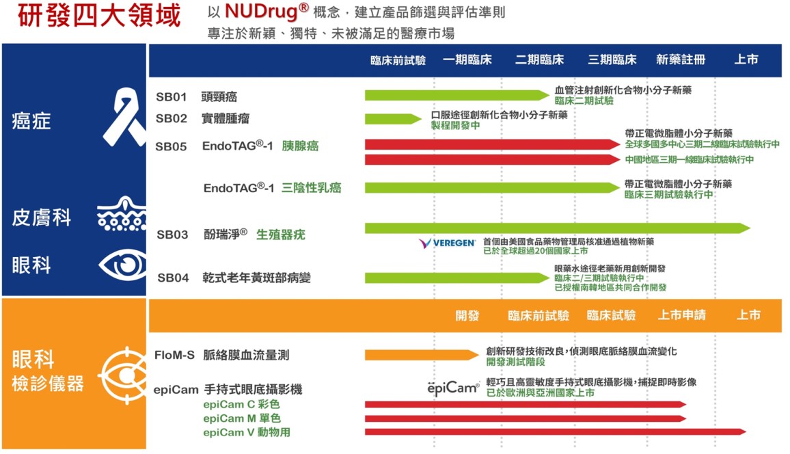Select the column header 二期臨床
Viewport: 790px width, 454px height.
(x=539, y=60)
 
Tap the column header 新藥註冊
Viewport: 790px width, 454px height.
(x=680, y=60)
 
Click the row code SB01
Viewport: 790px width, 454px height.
(x=172, y=96)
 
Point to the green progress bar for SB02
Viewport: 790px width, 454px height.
(x=393, y=119)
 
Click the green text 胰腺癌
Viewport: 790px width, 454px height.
(x=300, y=146)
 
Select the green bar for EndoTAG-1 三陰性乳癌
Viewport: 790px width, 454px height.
(x=492, y=188)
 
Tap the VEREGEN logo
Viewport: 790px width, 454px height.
(x=447, y=243)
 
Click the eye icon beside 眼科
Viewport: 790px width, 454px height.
(x=122, y=265)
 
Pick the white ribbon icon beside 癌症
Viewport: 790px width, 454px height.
(x=124, y=117)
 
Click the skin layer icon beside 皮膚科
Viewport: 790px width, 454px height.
(x=122, y=213)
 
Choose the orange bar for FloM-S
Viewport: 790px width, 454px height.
(x=422, y=356)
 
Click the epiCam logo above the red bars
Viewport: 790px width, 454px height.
(x=453, y=388)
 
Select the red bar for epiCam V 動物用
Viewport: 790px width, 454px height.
(x=555, y=432)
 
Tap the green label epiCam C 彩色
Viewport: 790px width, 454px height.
(x=241, y=405)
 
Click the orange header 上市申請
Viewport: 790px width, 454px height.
(x=681, y=315)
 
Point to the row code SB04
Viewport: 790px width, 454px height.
(x=173, y=278)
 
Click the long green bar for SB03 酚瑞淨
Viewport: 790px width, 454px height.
(x=557, y=228)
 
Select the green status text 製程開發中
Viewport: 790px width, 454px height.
(x=455, y=126)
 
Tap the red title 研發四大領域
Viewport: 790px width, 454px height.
(x=99, y=16)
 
